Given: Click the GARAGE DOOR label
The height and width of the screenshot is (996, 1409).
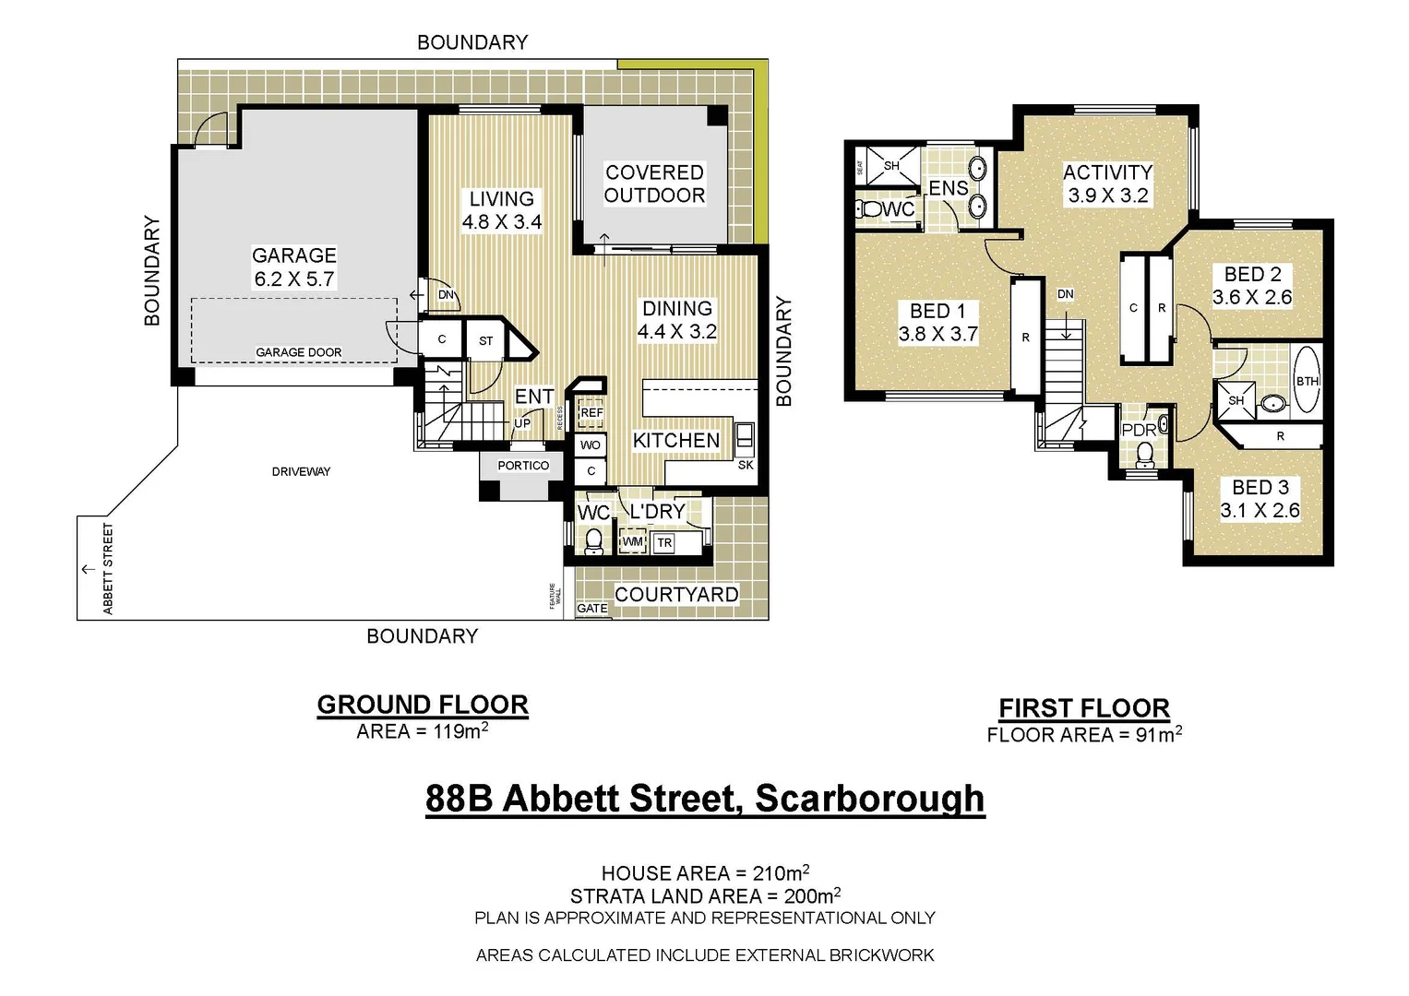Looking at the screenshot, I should tap(298, 352).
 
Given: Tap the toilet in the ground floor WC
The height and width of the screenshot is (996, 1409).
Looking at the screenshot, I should tap(593, 540).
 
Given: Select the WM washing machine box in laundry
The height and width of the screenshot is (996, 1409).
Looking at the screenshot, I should tap(632, 542).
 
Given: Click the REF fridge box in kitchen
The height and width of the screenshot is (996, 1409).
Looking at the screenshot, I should tap(591, 413).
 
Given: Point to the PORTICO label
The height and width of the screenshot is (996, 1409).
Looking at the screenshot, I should tap(523, 466).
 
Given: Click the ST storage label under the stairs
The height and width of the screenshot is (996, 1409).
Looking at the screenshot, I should tap(486, 341).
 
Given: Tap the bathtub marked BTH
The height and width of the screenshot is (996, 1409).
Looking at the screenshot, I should tap(1307, 380).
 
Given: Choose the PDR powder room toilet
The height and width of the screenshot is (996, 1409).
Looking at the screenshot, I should tap(1145, 454).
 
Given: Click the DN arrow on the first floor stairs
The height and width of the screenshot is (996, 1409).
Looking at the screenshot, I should tap(1066, 323).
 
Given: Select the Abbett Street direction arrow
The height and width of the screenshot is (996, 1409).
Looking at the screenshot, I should tap(89, 569).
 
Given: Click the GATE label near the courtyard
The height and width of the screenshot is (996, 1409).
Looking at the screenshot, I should tap(592, 609).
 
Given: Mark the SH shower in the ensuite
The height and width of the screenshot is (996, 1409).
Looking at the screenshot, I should tap(890, 167).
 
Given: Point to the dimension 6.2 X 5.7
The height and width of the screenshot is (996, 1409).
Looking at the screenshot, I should tap(294, 279).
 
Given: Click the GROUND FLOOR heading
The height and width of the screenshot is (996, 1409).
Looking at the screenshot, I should tap(423, 705).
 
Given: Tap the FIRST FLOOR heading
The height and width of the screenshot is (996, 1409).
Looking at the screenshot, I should tap(1084, 708).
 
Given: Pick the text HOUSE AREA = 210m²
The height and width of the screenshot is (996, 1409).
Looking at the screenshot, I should tap(705, 872).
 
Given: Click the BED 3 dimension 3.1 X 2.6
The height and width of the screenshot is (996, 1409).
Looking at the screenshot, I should tap(1260, 511).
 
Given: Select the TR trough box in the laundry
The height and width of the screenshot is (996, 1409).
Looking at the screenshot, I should tap(664, 543).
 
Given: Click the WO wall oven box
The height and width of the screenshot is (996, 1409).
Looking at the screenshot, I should tap(591, 445).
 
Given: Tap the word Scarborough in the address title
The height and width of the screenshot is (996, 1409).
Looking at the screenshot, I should tap(869, 799).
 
